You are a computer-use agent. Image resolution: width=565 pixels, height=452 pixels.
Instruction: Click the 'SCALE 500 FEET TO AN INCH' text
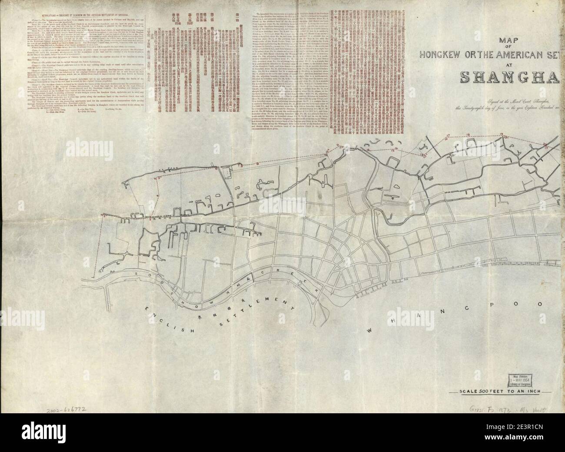pos(499,391)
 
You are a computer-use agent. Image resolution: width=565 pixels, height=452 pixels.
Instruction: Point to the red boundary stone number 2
pos(104,216)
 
